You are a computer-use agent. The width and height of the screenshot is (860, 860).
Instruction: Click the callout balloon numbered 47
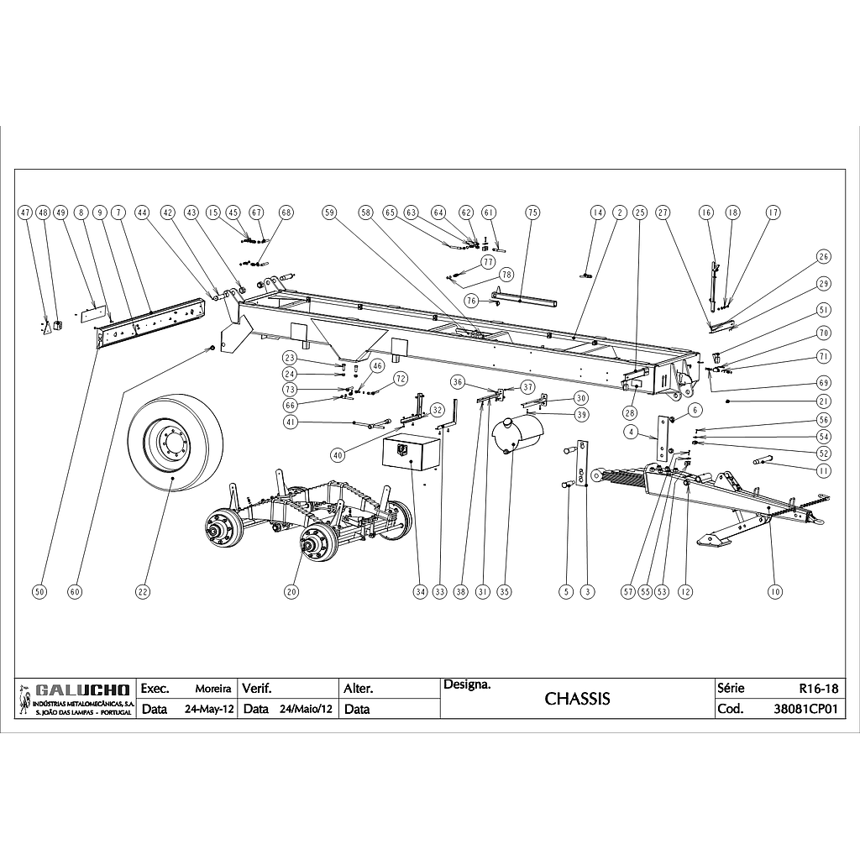click(x=25, y=213)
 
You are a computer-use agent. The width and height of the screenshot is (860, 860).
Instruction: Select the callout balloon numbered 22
click(x=143, y=592)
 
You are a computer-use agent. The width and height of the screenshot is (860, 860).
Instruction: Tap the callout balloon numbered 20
click(x=291, y=592)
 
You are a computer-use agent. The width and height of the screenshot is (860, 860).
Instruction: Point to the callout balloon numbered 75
click(x=532, y=213)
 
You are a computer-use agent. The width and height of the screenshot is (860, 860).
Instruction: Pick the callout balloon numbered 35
click(x=504, y=592)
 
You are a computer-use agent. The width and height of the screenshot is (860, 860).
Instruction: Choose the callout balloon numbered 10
click(x=775, y=592)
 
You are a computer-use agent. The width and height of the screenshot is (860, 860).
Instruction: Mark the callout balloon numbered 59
click(x=329, y=213)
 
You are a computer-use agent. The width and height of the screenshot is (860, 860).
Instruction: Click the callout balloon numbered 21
click(x=824, y=402)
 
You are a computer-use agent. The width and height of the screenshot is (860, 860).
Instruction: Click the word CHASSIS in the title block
click(x=577, y=699)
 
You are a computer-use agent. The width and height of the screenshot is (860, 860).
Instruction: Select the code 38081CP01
click(x=805, y=709)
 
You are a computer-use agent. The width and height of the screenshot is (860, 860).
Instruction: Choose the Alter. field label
click(x=359, y=689)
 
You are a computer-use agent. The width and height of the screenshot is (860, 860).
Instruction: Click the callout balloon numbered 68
click(x=287, y=213)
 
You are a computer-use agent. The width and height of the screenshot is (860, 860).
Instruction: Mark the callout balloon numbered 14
click(x=597, y=213)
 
